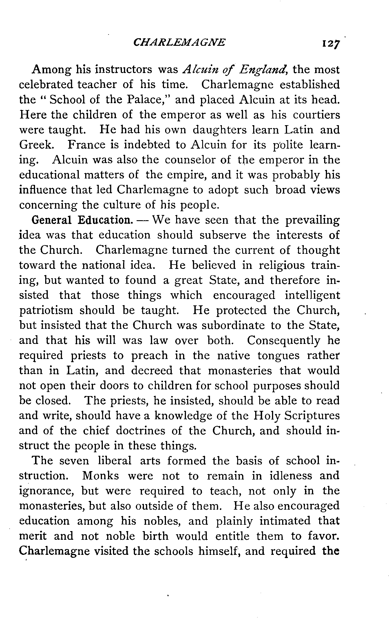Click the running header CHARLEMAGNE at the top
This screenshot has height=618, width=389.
[179, 43]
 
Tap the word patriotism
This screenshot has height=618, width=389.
[46, 311]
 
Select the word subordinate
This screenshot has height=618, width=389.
[233, 325]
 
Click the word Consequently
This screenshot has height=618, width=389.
[284, 341]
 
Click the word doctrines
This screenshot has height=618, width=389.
[140, 431]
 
